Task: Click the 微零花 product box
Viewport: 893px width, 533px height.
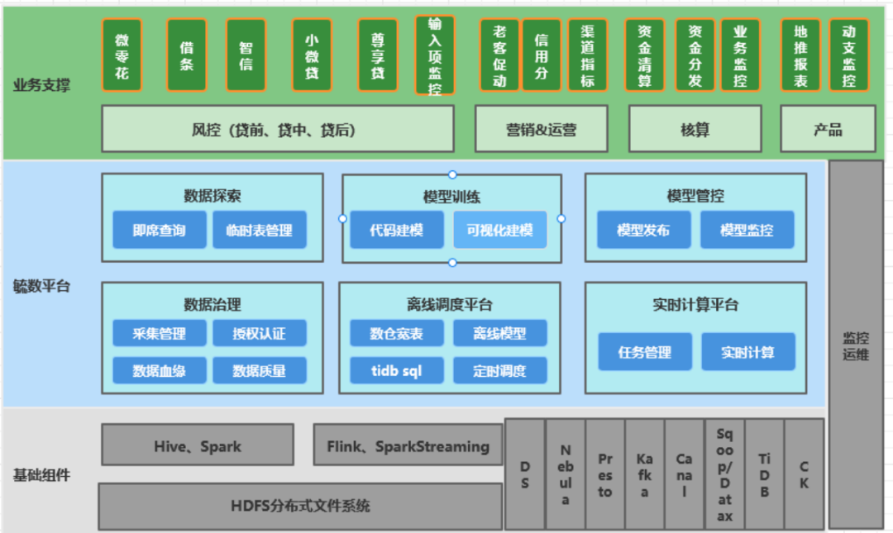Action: pyautogui.click(x=122, y=55)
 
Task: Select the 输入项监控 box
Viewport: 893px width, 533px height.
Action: pyautogui.click(x=435, y=55)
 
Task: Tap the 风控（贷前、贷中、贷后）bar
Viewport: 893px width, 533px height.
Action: pyautogui.click(x=277, y=129)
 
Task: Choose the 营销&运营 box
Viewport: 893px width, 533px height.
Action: pyautogui.click(x=541, y=129)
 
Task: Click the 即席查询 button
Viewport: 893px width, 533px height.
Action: pyautogui.click(x=159, y=231)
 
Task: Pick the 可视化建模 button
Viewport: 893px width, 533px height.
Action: pyautogui.click(x=499, y=231)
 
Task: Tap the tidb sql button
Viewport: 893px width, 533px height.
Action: pyautogui.click(x=396, y=371)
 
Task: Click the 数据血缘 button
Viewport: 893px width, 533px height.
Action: pyautogui.click(x=159, y=371)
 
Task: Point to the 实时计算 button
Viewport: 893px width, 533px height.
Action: pyautogui.click(x=748, y=352)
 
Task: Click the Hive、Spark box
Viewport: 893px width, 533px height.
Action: pyautogui.click(x=197, y=445)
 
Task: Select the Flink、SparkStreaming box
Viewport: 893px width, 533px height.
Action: pyautogui.click(x=408, y=445)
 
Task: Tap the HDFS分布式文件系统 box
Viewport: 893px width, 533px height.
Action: pyautogui.click(x=300, y=506)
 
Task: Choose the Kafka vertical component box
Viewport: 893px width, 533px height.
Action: pyautogui.click(x=645, y=474)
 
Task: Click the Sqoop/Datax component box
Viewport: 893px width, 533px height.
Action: pyautogui.click(x=724, y=474)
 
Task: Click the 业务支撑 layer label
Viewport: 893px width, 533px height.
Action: pyautogui.click(x=41, y=85)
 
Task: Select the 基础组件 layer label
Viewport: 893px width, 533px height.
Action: pyautogui.click(x=41, y=475)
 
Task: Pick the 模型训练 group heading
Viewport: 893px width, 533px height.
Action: pyautogui.click(x=451, y=197)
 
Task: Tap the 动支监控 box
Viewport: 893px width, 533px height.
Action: pyautogui.click(x=849, y=55)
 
